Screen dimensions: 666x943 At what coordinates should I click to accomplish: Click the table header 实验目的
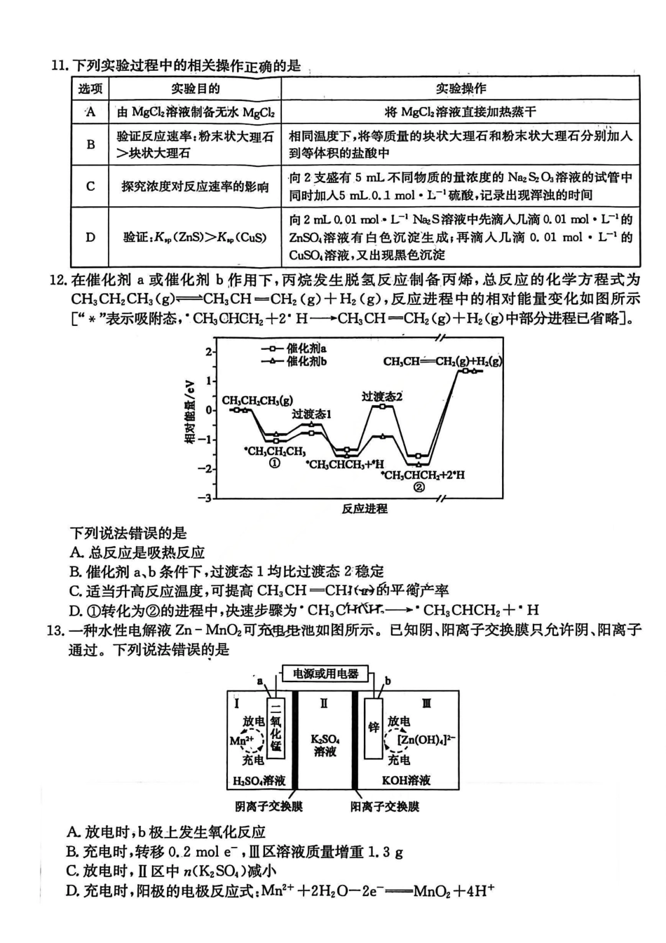coord(195,89)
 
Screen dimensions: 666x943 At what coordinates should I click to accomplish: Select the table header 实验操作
coord(460,89)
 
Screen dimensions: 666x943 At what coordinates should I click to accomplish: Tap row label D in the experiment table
coord(90,237)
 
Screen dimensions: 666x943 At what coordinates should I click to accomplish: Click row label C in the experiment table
coord(90,186)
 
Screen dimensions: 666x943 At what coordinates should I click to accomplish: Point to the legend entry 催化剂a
coord(294,348)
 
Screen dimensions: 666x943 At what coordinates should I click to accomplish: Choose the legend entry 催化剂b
coord(294,361)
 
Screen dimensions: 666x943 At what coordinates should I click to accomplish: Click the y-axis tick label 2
coord(208,351)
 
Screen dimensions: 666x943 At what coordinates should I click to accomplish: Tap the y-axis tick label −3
coord(205,498)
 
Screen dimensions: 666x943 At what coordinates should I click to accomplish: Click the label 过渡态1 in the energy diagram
coord(311,414)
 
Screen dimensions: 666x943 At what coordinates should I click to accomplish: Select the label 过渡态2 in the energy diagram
coord(382,396)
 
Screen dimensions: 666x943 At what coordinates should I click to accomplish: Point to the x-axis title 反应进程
coord(365,508)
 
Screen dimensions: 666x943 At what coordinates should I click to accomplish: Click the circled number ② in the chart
coord(419,487)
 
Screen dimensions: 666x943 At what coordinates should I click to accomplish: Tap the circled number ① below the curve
coord(275,463)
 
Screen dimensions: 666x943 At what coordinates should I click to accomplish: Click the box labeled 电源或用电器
coord(325,674)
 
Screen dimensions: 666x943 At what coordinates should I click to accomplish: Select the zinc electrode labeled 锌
coord(374,727)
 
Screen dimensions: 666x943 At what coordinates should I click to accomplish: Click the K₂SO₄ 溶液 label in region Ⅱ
coord(325,745)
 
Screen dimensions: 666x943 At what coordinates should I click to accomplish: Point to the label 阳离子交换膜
coord(385,806)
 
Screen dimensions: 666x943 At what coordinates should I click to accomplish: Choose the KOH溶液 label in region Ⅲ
coord(407,780)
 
